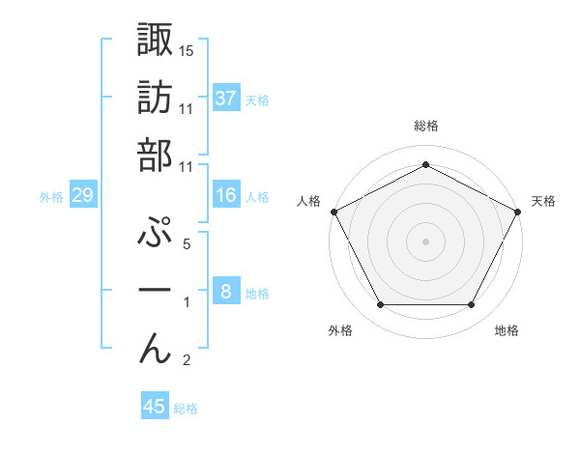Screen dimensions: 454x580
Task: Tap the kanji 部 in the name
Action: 156,155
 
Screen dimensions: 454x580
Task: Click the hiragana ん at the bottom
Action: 156,348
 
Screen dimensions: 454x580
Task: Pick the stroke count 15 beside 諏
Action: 186,50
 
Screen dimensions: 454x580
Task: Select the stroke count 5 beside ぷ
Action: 186,244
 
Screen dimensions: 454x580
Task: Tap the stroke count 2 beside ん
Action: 186,361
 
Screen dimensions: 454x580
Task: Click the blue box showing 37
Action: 225,98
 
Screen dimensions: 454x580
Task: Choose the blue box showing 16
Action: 225,195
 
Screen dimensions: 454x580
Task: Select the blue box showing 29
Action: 82,195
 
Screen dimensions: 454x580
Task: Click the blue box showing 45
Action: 155,407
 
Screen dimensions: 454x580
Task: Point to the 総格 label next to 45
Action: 186,409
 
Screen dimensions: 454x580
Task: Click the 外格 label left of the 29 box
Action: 51,196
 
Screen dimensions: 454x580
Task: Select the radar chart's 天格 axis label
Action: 543,201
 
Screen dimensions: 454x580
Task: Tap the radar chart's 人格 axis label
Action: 308,201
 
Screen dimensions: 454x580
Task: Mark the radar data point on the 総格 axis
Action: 425,165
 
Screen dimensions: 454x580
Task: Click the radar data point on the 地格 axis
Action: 471,304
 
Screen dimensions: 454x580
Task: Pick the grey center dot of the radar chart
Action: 425,241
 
